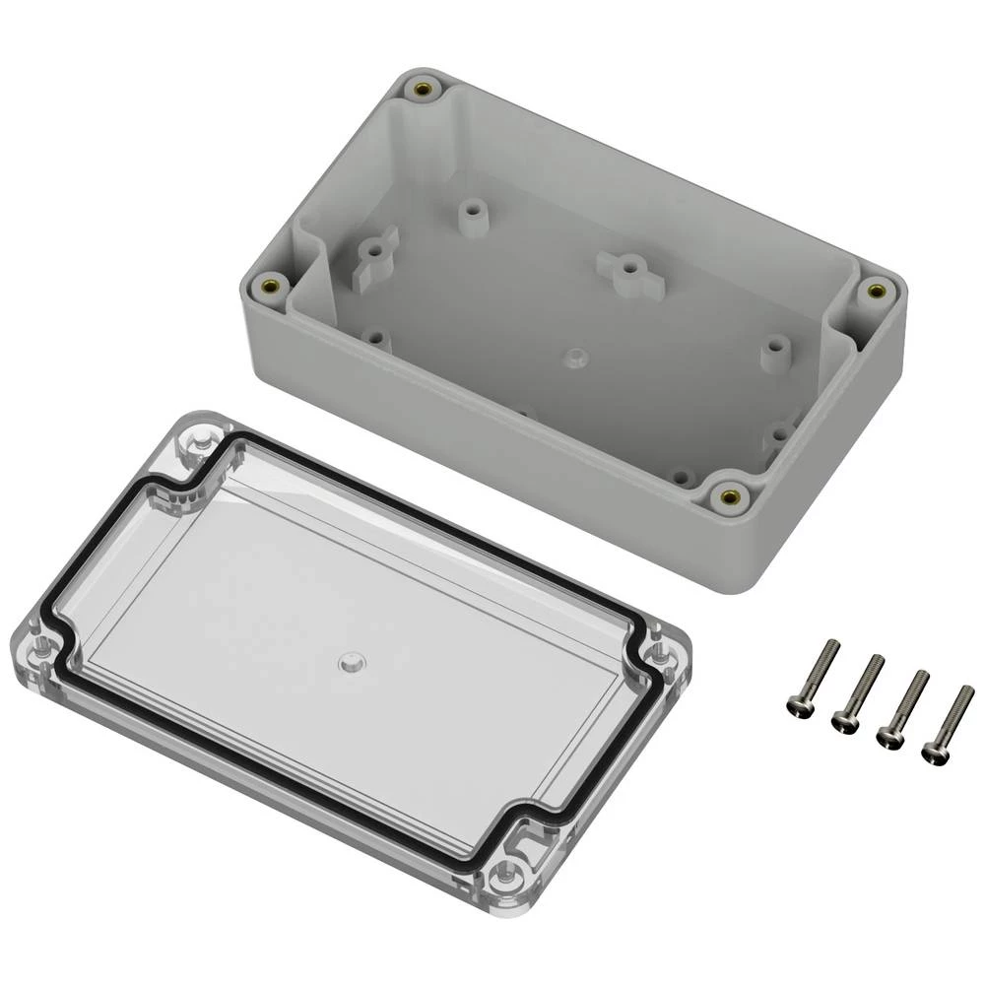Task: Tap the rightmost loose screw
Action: [948, 724]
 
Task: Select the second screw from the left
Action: [858, 692]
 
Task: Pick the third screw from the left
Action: [902, 708]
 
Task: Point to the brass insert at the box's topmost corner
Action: [423, 91]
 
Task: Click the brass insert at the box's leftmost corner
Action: [271, 288]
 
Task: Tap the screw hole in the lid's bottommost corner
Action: [508, 869]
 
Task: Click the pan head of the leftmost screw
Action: [798, 703]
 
